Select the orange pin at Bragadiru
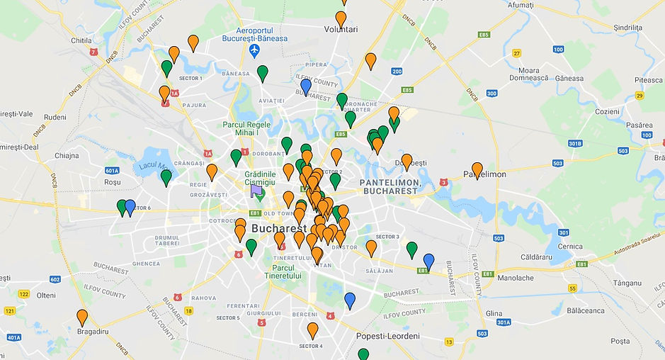pos(82,317)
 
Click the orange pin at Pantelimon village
pos(477,170)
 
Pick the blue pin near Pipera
pos(306,86)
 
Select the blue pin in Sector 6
pos(130,207)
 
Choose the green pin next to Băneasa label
pos(263,72)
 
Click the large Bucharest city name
pos(279,229)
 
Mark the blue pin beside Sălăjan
pos(428,261)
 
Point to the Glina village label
pos(494,313)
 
